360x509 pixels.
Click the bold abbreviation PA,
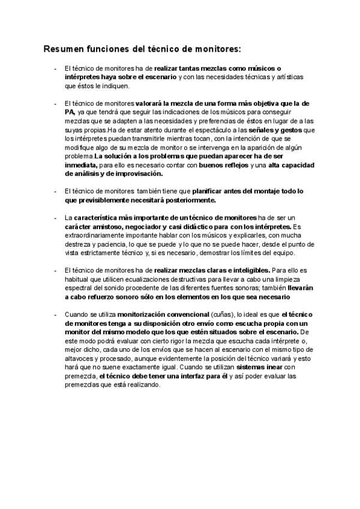click(x=70, y=112)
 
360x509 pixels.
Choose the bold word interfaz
click(x=191, y=376)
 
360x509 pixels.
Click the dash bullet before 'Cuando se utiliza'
click(x=55, y=314)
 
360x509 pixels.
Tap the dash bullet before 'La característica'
click(x=55, y=217)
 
